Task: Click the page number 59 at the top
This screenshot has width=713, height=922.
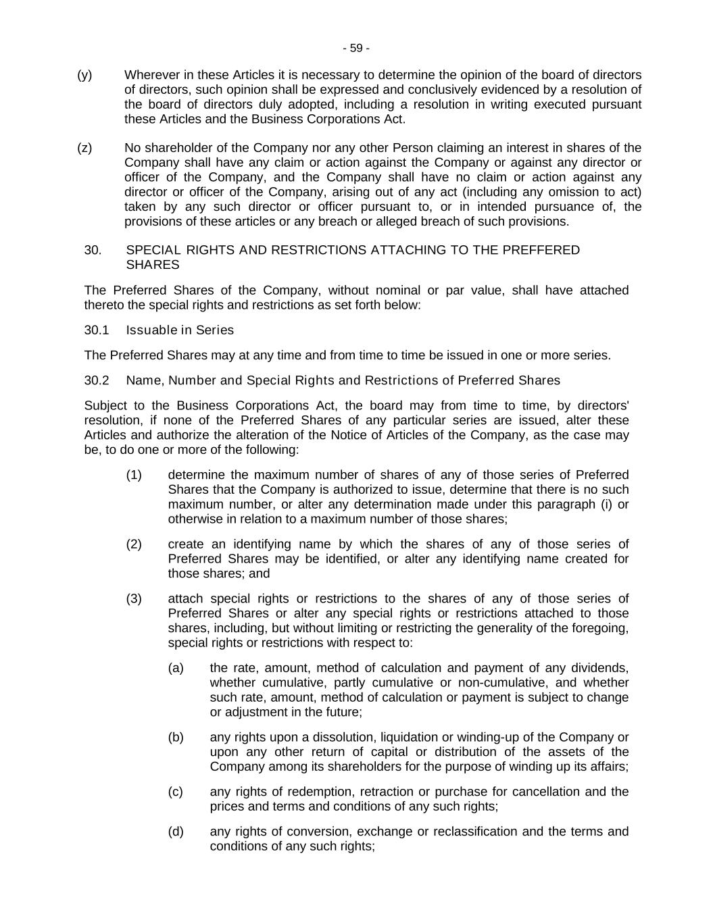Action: [x=356, y=48]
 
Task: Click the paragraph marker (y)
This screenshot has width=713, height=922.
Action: [x=84, y=75]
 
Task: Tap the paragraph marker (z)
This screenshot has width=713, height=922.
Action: [x=84, y=148]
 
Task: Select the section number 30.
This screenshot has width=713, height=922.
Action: [x=93, y=250]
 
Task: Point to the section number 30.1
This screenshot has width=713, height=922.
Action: [x=97, y=330]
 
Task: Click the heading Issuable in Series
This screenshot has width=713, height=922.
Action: [x=180, y=330]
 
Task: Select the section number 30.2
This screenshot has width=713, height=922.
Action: [x=97, y=380]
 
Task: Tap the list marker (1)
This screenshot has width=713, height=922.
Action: [x=134, y=475]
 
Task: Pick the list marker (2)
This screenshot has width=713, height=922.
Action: [x=134, y=544]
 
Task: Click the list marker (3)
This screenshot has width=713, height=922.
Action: [x=134, y=598]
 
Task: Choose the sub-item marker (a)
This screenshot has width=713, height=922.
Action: [x=176, y=668]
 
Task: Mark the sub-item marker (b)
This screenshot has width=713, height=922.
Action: [x=176, y=737]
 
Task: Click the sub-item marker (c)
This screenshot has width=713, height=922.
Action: [x=176, y=792]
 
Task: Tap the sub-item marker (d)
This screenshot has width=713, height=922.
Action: [x=176, y=831]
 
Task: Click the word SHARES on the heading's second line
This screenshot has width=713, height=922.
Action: [x=153, y=265]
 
